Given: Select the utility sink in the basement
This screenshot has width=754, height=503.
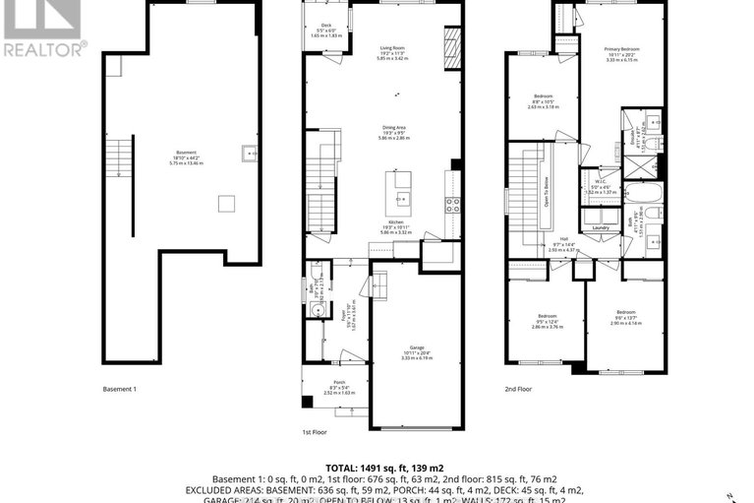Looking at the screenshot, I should (x=250, y=154).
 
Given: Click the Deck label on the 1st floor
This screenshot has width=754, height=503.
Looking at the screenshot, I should (x=325, y=26).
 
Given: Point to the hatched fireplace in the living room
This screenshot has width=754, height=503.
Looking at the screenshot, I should (x=451, y=44).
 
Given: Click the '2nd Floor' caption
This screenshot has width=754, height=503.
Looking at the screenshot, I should (x=518, y=390).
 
